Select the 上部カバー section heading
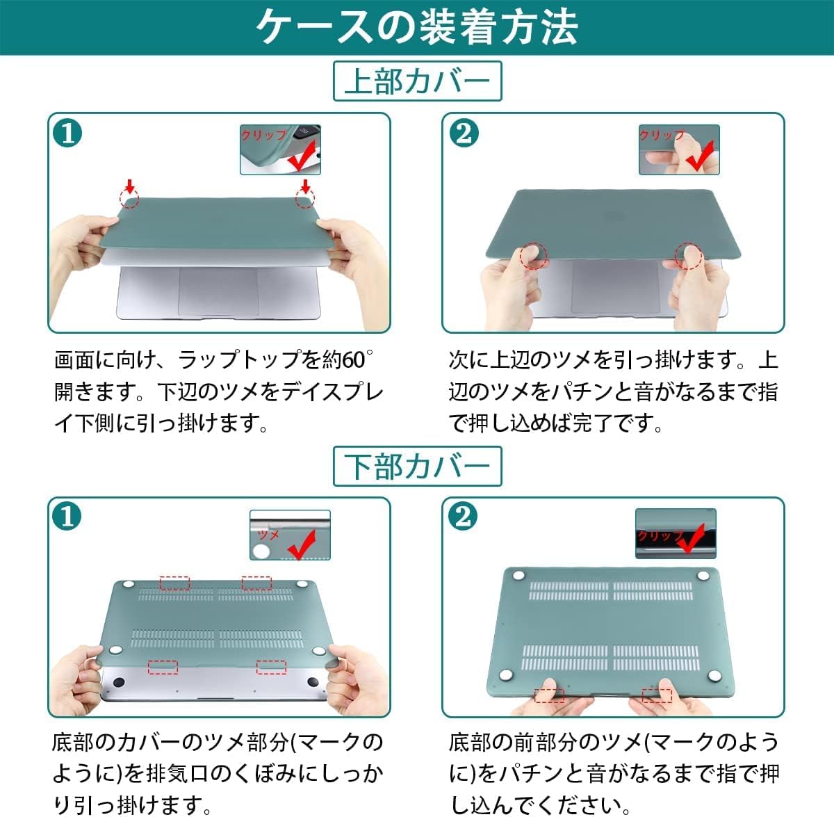417,81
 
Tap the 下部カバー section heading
417,466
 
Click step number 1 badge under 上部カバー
67,132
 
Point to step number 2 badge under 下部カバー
463,517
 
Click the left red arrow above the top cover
129,186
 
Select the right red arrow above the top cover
304,186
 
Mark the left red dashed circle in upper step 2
534,255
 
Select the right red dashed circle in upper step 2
689,256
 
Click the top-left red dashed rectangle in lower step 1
174,583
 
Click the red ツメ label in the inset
268,534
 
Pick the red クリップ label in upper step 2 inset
661,135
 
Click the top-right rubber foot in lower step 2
703,574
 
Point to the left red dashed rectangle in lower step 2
549,694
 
